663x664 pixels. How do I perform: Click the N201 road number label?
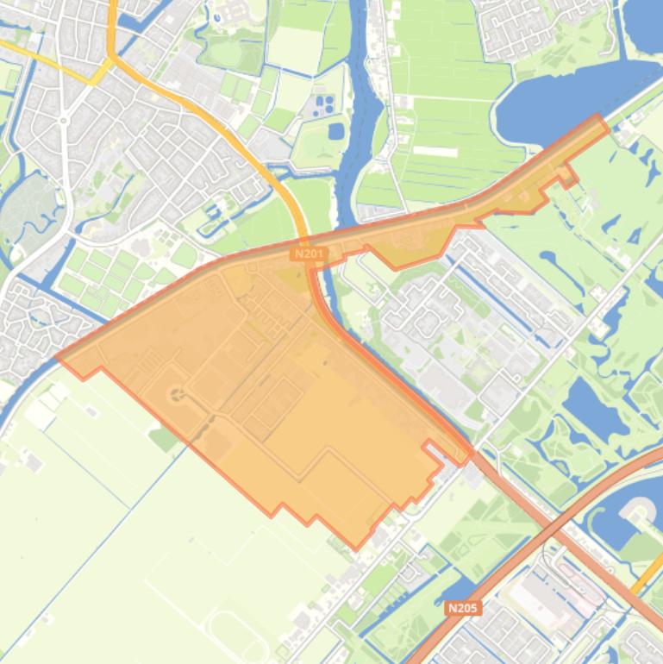tap(308, 254)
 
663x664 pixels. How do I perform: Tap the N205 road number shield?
tap(463, 608)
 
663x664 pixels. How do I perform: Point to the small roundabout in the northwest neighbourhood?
tap(63, 121)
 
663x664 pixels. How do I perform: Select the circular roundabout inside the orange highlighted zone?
tap(178, 394)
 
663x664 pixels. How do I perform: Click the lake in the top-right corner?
tap(645, 22)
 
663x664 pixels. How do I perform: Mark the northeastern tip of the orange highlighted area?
tap(599, 117)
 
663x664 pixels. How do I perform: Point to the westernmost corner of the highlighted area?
tap(58, 357)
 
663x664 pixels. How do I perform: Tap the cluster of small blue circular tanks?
tap(325, 105)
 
